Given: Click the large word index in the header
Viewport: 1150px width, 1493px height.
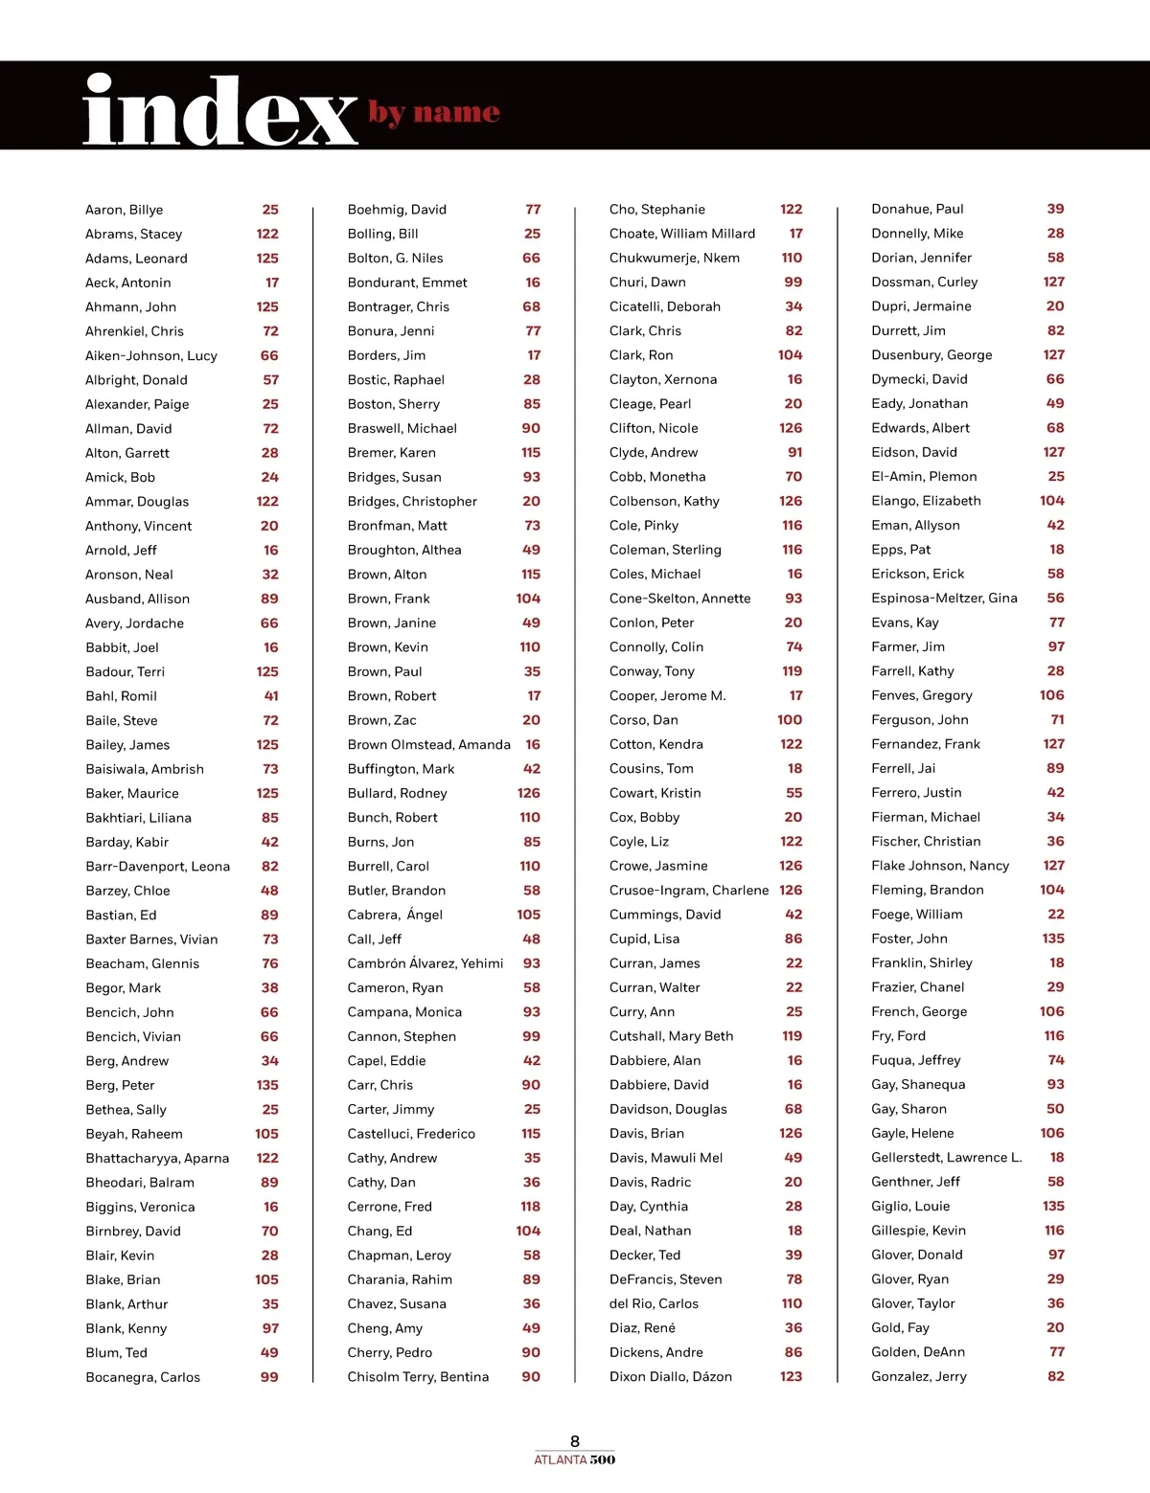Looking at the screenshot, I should pyautogui.click(x=220, y=111).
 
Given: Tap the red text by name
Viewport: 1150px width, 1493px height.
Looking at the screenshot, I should pyautogui.click(x=434, y=113).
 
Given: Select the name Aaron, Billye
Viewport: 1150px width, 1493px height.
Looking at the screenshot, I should pyautogui.click(x=124, y=210).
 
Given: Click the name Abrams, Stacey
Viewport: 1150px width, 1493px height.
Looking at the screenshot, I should pyautogui.click(x=133, y=234).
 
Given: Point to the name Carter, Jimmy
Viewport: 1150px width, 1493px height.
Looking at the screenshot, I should pyautogui.click(x=390, y=1109).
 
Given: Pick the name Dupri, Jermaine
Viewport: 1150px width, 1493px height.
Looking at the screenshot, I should pyautogui.click(x=921, y=306).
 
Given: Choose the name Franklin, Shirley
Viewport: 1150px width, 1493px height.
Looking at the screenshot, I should pyautogui.click(x=921, y=962).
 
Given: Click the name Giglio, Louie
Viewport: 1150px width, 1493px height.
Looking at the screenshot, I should pyautogui.click(x=910, y=1206).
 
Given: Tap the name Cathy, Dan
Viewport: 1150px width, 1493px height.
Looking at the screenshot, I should pyautogui.click(x=381, y=1182).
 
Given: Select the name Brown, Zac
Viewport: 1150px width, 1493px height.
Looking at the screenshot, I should pyautogui.click(x=381, y=720).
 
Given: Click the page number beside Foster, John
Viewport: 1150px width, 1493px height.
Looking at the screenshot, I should pyautogui.click(x=1053, y=939).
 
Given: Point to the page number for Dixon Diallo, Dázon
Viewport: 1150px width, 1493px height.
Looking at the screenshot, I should pyautogui.click(x=791, y=1376).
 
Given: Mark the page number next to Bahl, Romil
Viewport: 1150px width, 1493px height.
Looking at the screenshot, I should pyautogui.click(x=271, y=696).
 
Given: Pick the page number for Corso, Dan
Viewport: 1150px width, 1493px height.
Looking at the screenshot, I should pyautogui.click(x=790, y=720).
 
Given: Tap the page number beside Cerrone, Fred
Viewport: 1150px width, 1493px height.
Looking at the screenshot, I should pyautogui.click(x=530, y=1207).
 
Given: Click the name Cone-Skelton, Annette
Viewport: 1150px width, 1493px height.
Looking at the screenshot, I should pyautogui.click(x=679, y=599).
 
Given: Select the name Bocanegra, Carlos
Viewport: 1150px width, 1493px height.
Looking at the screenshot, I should pyautogui.click(x=143, y=1377).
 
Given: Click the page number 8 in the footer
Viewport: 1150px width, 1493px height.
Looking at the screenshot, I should pyautogui.click(x=575, y=1441).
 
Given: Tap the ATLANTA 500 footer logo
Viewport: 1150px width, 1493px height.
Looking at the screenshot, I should pyautogui.click(x=575, y=1459).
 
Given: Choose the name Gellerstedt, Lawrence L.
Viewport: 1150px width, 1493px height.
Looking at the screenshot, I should pyautogui.click(x=946, y=1157).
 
